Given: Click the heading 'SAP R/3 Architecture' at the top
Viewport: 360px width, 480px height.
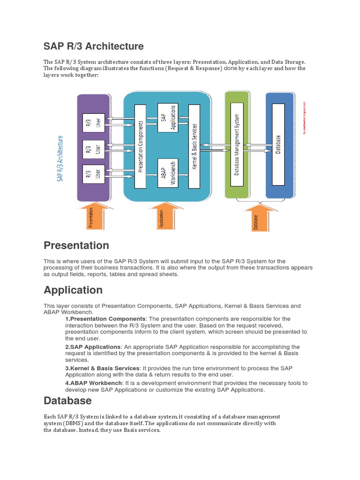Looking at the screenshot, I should click(x=93, y=46).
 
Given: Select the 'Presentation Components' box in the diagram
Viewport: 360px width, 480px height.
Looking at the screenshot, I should click(x=140, y=146).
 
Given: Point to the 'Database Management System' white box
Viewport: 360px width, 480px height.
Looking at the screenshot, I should click(x=237, y=144).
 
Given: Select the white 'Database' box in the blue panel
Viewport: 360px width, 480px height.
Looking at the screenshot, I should click(x=278, y=144).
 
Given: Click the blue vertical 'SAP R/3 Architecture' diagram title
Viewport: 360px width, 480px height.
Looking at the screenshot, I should click(x=60, y=158).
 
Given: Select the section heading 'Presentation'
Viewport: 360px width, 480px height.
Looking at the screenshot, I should click(x=76, y=245).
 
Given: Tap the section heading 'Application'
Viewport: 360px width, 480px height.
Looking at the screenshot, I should click(x=73, y=290).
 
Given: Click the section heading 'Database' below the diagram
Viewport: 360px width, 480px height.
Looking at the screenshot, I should click(x=67, y=401).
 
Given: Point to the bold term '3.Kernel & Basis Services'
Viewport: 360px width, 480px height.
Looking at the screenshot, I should click(x=102, y=368).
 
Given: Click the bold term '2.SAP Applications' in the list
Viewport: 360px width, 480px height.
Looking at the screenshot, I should click(x=93, y=347).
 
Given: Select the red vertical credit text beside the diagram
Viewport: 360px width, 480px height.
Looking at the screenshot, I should click(x=304, y=118).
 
